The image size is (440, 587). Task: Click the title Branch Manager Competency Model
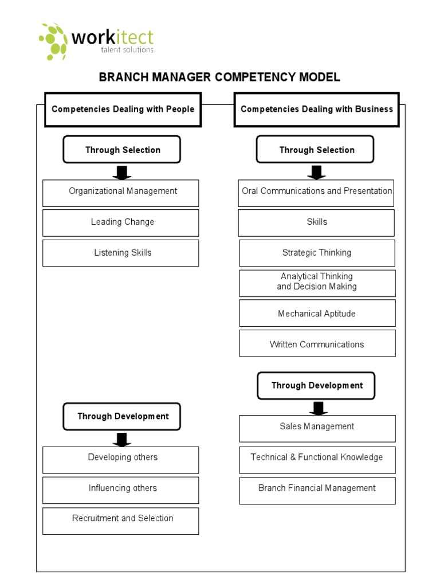coord(219,77)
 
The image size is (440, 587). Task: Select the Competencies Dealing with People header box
coord(123,109)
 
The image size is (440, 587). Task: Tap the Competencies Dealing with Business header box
coord(317,109)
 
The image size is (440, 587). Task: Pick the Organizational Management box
coord(121,193)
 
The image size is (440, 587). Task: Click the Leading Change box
coord(121,222)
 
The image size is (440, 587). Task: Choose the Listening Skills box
coord(121,253)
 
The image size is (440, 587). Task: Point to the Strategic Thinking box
coord(317,253)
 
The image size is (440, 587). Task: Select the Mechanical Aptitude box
coord(317,314)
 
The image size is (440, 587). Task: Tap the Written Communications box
coord(317,344)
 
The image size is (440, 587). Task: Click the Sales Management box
coord(317,428)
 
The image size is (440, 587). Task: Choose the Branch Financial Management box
coord(317,490)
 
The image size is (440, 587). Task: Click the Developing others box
coord(121,460)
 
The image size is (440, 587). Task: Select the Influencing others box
coord(121,490)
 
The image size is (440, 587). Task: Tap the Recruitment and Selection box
coord(121,521)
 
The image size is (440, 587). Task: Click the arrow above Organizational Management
coord(121,173)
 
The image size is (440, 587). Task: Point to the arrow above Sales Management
coord(319,408)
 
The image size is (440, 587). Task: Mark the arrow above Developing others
coord(121,440)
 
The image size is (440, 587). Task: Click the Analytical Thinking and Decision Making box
coord(317,283)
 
